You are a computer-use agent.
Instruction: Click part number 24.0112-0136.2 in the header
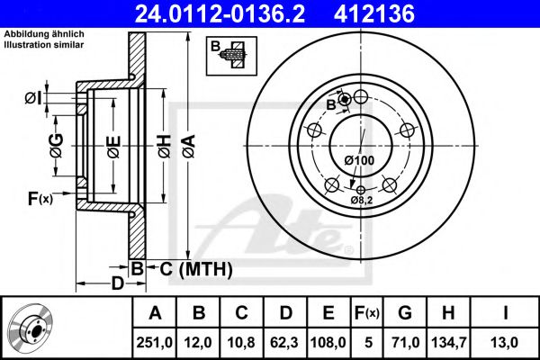click(x=220, y=13)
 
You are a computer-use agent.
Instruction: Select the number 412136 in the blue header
click(x=374, y=13)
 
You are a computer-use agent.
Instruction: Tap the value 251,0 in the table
click(x=154, y=343)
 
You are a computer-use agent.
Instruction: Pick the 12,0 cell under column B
click(x=198, y=343)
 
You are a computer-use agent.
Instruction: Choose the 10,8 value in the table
click(x=241, y=343)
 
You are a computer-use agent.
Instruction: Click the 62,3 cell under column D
click(x=284, y=343)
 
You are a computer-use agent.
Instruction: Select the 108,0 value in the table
click(x=328, y=343)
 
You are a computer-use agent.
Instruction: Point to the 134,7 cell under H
click(x=449, y=343)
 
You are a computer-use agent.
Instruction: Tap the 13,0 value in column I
click(x=505, y=343)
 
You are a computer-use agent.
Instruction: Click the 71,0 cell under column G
click(x=405, y=343)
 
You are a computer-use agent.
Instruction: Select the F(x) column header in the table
click(x=366, y=313)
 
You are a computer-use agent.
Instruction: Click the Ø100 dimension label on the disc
click(x=359, y=160)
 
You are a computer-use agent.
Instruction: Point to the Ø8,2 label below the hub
click(x=362, y=200)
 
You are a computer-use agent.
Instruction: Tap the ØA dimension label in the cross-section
click(x=189, y=146)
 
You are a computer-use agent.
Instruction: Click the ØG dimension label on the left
click(x=57, y=146)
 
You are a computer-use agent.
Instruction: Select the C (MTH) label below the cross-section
click(x=196, y=269)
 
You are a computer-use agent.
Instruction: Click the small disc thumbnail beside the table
click(x=31, y=328)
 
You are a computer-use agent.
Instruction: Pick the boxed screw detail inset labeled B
click(x=231, y=56)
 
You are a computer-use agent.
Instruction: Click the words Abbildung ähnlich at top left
click(x=44, y=34)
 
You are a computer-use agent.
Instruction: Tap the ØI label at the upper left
click(x=33, y=98)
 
